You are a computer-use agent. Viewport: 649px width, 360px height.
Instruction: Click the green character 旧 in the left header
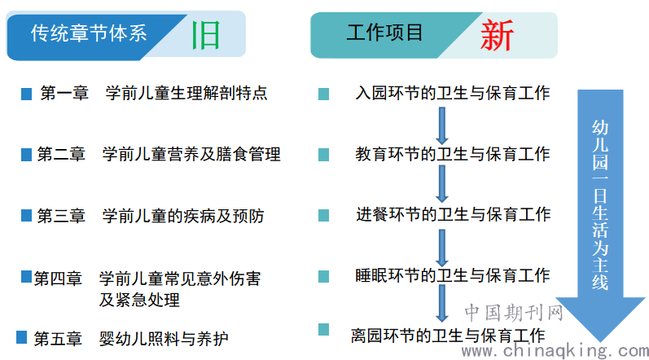tap(206, 35)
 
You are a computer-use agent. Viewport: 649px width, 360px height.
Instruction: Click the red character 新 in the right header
tap(497, 35)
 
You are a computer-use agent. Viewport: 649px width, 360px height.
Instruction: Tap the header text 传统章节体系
tap(89, 33)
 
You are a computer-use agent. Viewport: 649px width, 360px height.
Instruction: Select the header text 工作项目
tap(384, 33)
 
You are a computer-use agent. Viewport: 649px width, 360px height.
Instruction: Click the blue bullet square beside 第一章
tap(27, 94)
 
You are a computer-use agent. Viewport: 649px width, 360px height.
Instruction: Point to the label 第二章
tap(61, 154)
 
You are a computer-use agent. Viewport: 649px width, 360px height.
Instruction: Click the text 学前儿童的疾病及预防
tap(183, 216)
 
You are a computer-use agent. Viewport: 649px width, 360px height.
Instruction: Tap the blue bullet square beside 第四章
tap(27, 276)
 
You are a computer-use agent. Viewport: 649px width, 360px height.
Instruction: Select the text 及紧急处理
tap(139, 300)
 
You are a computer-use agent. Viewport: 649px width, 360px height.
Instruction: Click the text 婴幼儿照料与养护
tap(164, 339)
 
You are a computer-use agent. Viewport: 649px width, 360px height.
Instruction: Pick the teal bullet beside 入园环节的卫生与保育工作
tap(323, 94)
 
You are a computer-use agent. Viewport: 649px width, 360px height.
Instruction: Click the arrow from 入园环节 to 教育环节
tap(442, 125)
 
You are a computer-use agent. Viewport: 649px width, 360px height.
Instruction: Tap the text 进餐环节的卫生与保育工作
tap(454, 214)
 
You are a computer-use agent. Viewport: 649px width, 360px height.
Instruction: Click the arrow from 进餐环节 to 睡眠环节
tap(442, 248)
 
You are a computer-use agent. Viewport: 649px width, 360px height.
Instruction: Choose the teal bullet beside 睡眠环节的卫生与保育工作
tap(323, 276)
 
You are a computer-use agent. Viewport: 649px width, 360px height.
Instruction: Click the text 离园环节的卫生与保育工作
tap(448, 336)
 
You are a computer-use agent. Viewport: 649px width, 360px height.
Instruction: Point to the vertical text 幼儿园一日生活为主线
tap(600, 205)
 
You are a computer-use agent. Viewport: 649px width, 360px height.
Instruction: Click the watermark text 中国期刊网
tap(514, 313)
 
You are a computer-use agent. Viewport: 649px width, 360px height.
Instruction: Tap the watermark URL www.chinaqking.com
tap(555, 351)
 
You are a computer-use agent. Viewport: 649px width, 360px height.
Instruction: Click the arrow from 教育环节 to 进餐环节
tap(442, 184)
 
